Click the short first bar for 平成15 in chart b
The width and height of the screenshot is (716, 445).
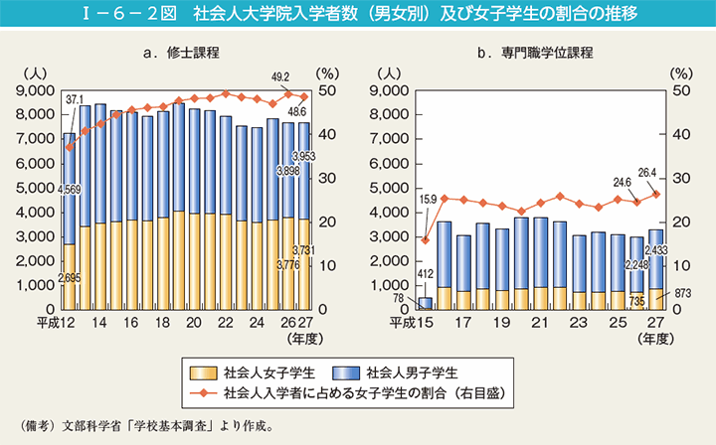[x=426, y=304]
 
